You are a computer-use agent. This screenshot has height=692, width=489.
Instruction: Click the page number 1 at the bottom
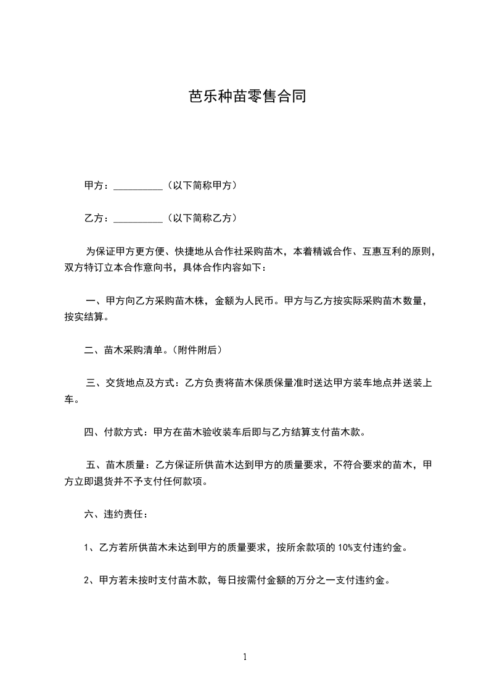click(245, 657)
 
